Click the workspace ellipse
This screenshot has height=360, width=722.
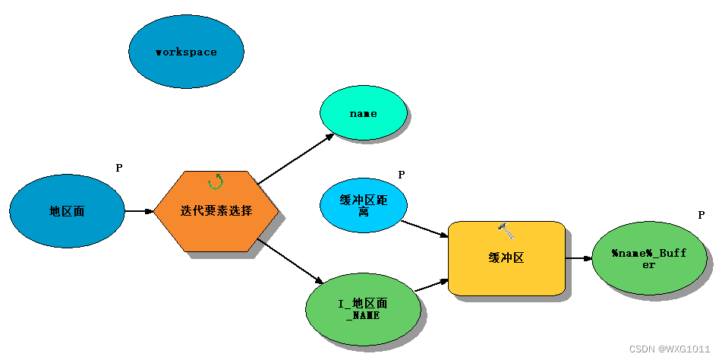(186, 52)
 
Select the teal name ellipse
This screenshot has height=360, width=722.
(363, 112)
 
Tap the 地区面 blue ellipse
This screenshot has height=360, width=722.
(67, 211)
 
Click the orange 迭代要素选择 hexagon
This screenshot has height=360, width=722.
(216, 211)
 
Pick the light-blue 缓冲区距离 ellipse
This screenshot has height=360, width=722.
(364, 205)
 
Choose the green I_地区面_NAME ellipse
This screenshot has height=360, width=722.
(362, 308)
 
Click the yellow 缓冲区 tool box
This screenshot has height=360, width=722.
(506, 258)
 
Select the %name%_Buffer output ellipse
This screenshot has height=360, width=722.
(648, 258)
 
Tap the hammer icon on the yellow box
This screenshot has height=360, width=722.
(506, 228)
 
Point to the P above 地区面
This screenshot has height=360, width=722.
(119, 168)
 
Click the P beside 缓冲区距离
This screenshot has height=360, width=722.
(402, 175)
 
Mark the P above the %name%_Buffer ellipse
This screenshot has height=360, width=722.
(702, 215)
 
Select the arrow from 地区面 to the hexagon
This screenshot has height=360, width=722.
(139, 211)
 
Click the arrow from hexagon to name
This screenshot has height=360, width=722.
(296, 159)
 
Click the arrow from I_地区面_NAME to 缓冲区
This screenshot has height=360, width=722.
(431, 285)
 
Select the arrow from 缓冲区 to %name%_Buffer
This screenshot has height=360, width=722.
(579, 258)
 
